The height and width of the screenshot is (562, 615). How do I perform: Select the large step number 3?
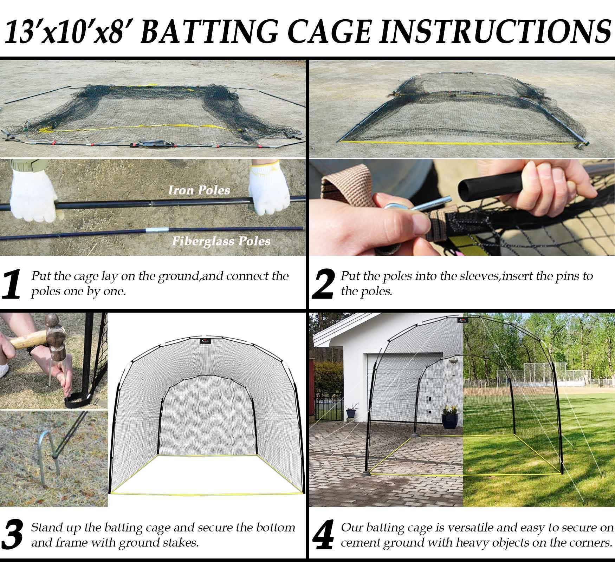click(x=13, y=535)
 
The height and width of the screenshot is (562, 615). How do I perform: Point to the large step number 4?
click(x=323, y=535)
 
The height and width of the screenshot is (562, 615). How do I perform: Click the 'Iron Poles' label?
click(x=199, y=190)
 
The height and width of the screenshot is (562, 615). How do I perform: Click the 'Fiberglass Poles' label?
click(x=221, y=241)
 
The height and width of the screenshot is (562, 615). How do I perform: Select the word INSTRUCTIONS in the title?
click(x=492, y=33)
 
